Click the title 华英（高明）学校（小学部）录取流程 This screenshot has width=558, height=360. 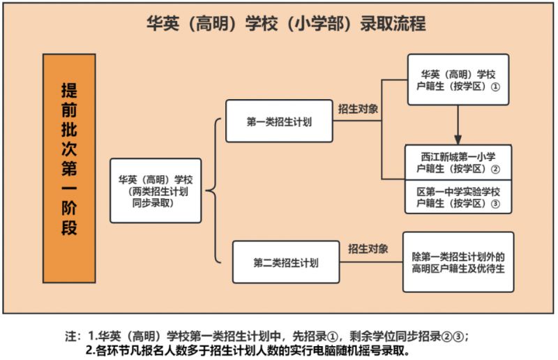click(286, 24)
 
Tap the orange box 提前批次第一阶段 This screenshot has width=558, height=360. click(69, 168)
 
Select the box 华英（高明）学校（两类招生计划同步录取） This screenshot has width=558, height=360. click(156, 191)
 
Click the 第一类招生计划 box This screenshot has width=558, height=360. click(280, 121)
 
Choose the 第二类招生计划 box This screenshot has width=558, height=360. click(286, 262)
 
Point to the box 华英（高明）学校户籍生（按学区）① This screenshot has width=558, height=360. click(458, 80)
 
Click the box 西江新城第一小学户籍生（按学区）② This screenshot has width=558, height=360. click(458, 163)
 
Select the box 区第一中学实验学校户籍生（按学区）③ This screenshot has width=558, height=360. click(458, 197)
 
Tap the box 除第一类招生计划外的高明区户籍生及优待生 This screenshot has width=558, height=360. click(458, 262)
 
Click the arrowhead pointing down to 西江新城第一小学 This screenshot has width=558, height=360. click(458, 140)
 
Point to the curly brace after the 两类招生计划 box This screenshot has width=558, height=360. click(213, 191)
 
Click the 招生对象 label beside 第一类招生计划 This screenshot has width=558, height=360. click(358, 109)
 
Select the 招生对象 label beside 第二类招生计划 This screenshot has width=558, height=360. click(368, 248)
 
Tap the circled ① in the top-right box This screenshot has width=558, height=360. click(495, 87)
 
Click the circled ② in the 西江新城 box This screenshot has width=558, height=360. click(495, 169)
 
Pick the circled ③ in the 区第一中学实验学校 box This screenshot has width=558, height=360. click(495, 204)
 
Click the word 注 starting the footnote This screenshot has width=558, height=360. click(71, 336)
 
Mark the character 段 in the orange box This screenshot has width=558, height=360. click(69, 228)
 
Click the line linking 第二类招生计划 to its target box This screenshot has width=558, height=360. click(371, 262)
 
